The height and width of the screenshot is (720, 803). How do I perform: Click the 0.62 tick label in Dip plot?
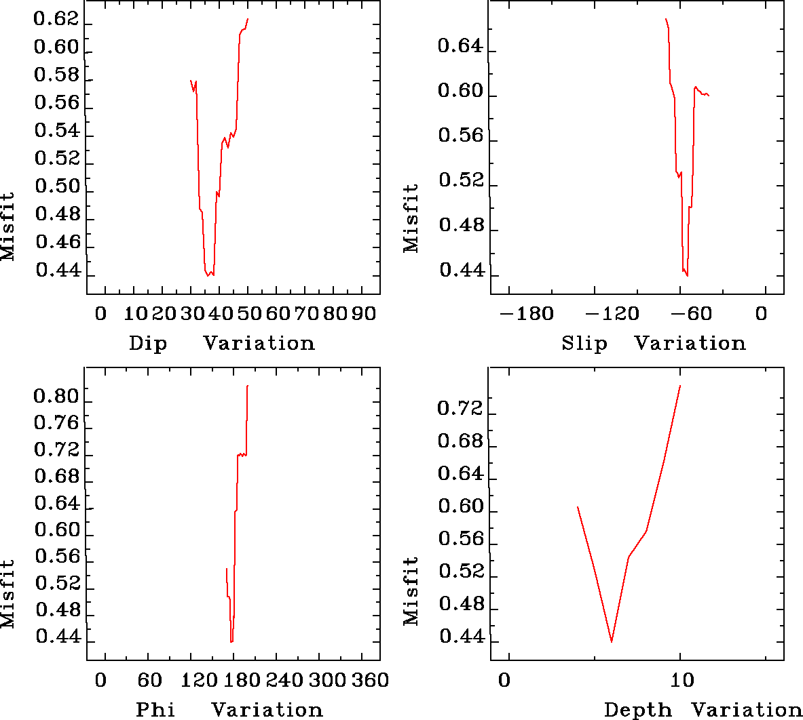tap(56, 19)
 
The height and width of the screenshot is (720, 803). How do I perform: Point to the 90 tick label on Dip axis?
tap(364, 315)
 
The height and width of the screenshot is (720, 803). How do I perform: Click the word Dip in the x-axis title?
tap(148, 344)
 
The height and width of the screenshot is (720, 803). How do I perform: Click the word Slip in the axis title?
tap(584, 344)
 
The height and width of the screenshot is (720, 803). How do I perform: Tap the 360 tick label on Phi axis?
tap(371, 680)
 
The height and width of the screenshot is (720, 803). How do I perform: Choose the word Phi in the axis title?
tap(155, 710)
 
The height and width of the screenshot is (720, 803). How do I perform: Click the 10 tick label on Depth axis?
tap(682, 680)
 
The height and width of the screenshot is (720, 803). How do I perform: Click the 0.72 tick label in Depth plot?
tap(460, 409)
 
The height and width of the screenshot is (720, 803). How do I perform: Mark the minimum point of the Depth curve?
tap(612, 641)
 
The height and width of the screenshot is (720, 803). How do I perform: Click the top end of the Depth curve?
tap(679, 385)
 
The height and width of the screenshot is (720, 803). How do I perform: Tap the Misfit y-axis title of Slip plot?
tap(411, 218)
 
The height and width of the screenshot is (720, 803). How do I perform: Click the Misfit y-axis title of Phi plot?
tap(7, 594)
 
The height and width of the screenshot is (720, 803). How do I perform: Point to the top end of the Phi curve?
tap(248, 385)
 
